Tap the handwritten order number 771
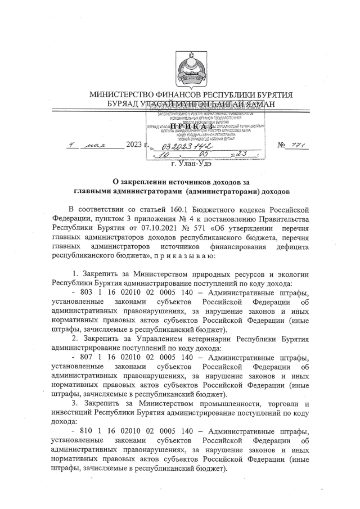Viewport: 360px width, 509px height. click(x=299, y=145)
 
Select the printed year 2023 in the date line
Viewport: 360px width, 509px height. click(x=135, y=146)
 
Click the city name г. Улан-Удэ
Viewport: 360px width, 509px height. click(x=191, y=164)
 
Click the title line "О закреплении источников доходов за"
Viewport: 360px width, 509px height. click(x=179, y=182)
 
